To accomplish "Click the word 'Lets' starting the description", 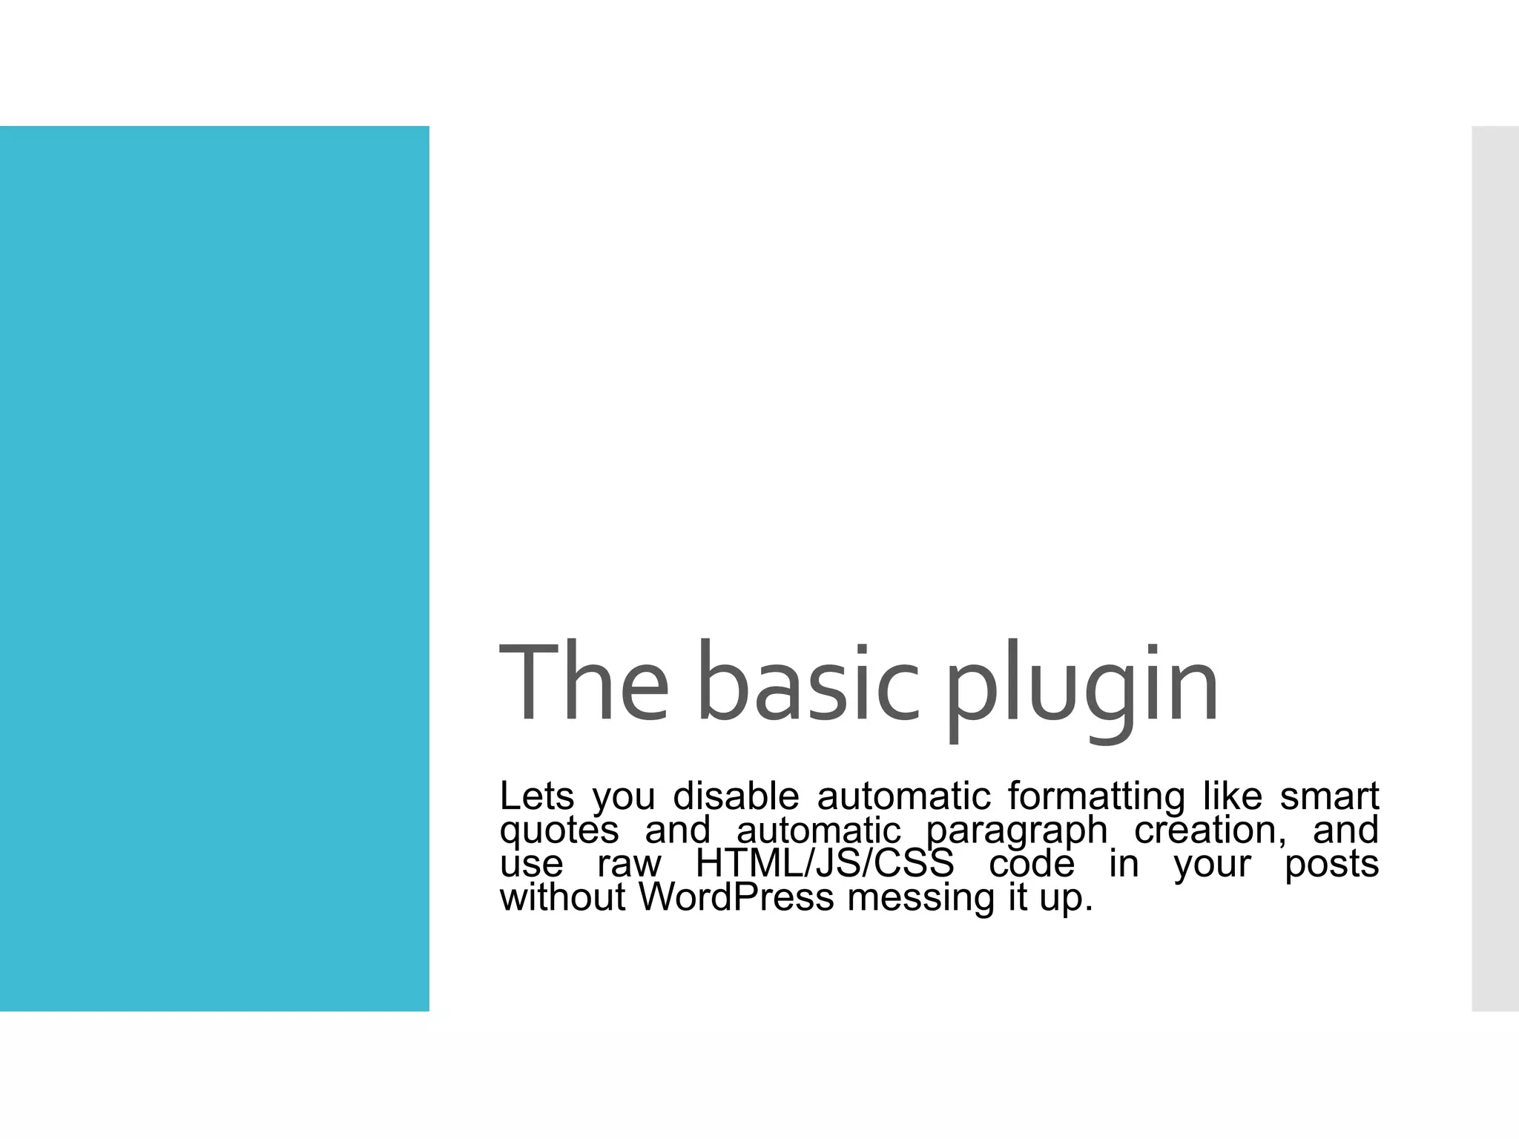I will coord(536,796).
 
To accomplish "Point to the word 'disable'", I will coord(736,796).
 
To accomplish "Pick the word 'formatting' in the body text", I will coord(1096,798).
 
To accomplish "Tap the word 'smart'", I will coord(1329,796).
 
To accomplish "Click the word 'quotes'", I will coord(559,831).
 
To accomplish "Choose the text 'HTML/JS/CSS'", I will coord(824,864).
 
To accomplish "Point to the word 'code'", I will coord(1032,864).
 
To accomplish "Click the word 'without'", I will coord(563,897).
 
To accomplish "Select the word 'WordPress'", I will coord(737,897).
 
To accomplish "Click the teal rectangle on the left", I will coord(214,568).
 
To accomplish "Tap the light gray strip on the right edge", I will coord(1495,568).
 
